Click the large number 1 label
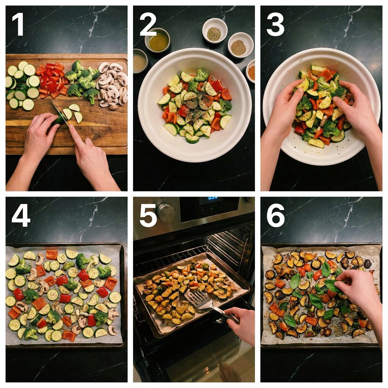click(18, 24)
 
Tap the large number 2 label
click(148, 24)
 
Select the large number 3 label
click(275, 24)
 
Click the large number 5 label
click(148, 215)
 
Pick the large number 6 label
click(275, 215)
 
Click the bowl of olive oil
click(157, 40)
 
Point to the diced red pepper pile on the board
click(52, 80)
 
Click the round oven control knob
click(165, 212)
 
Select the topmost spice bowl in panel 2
click(215, 31)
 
